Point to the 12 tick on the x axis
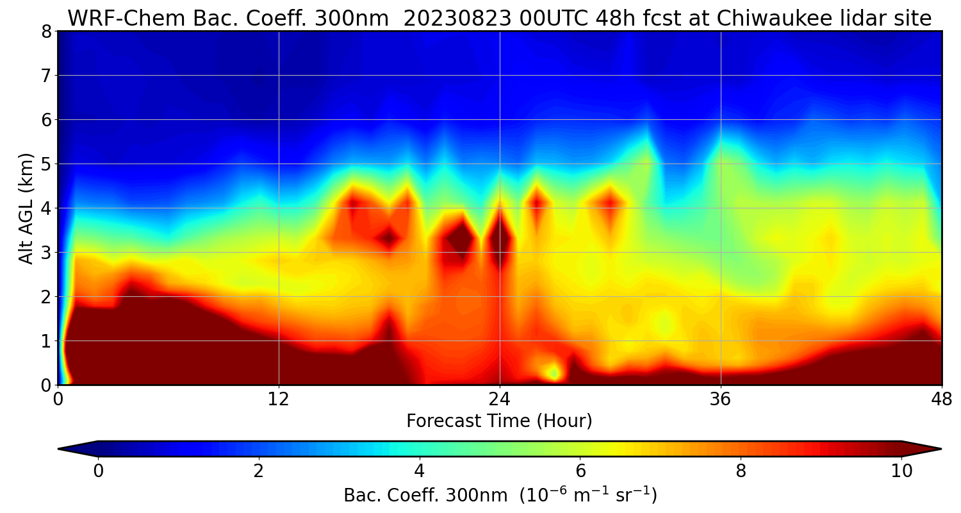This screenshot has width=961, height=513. tap(279, 398)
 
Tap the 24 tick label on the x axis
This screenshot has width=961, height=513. tap(500, 398)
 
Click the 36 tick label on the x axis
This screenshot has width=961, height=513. tap(721, 398)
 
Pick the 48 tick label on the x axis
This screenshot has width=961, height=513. tap(941, 398)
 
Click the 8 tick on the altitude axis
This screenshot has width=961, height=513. tap(47, 31)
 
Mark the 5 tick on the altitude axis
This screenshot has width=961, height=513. tap(47, 164)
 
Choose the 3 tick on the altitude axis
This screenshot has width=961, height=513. tap(47, 253)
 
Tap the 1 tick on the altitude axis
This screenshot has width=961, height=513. tap(47, 341)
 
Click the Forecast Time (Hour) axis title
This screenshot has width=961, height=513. tap(499, 421)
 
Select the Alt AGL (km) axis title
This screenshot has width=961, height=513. tap(26, 208)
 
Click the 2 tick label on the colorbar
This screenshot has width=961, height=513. tap(258, 471)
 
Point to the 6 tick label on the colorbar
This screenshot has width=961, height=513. tap(580, 471)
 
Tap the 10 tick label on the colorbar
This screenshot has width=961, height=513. tap(901, 471)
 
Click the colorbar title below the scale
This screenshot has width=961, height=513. tap(500, 496)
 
